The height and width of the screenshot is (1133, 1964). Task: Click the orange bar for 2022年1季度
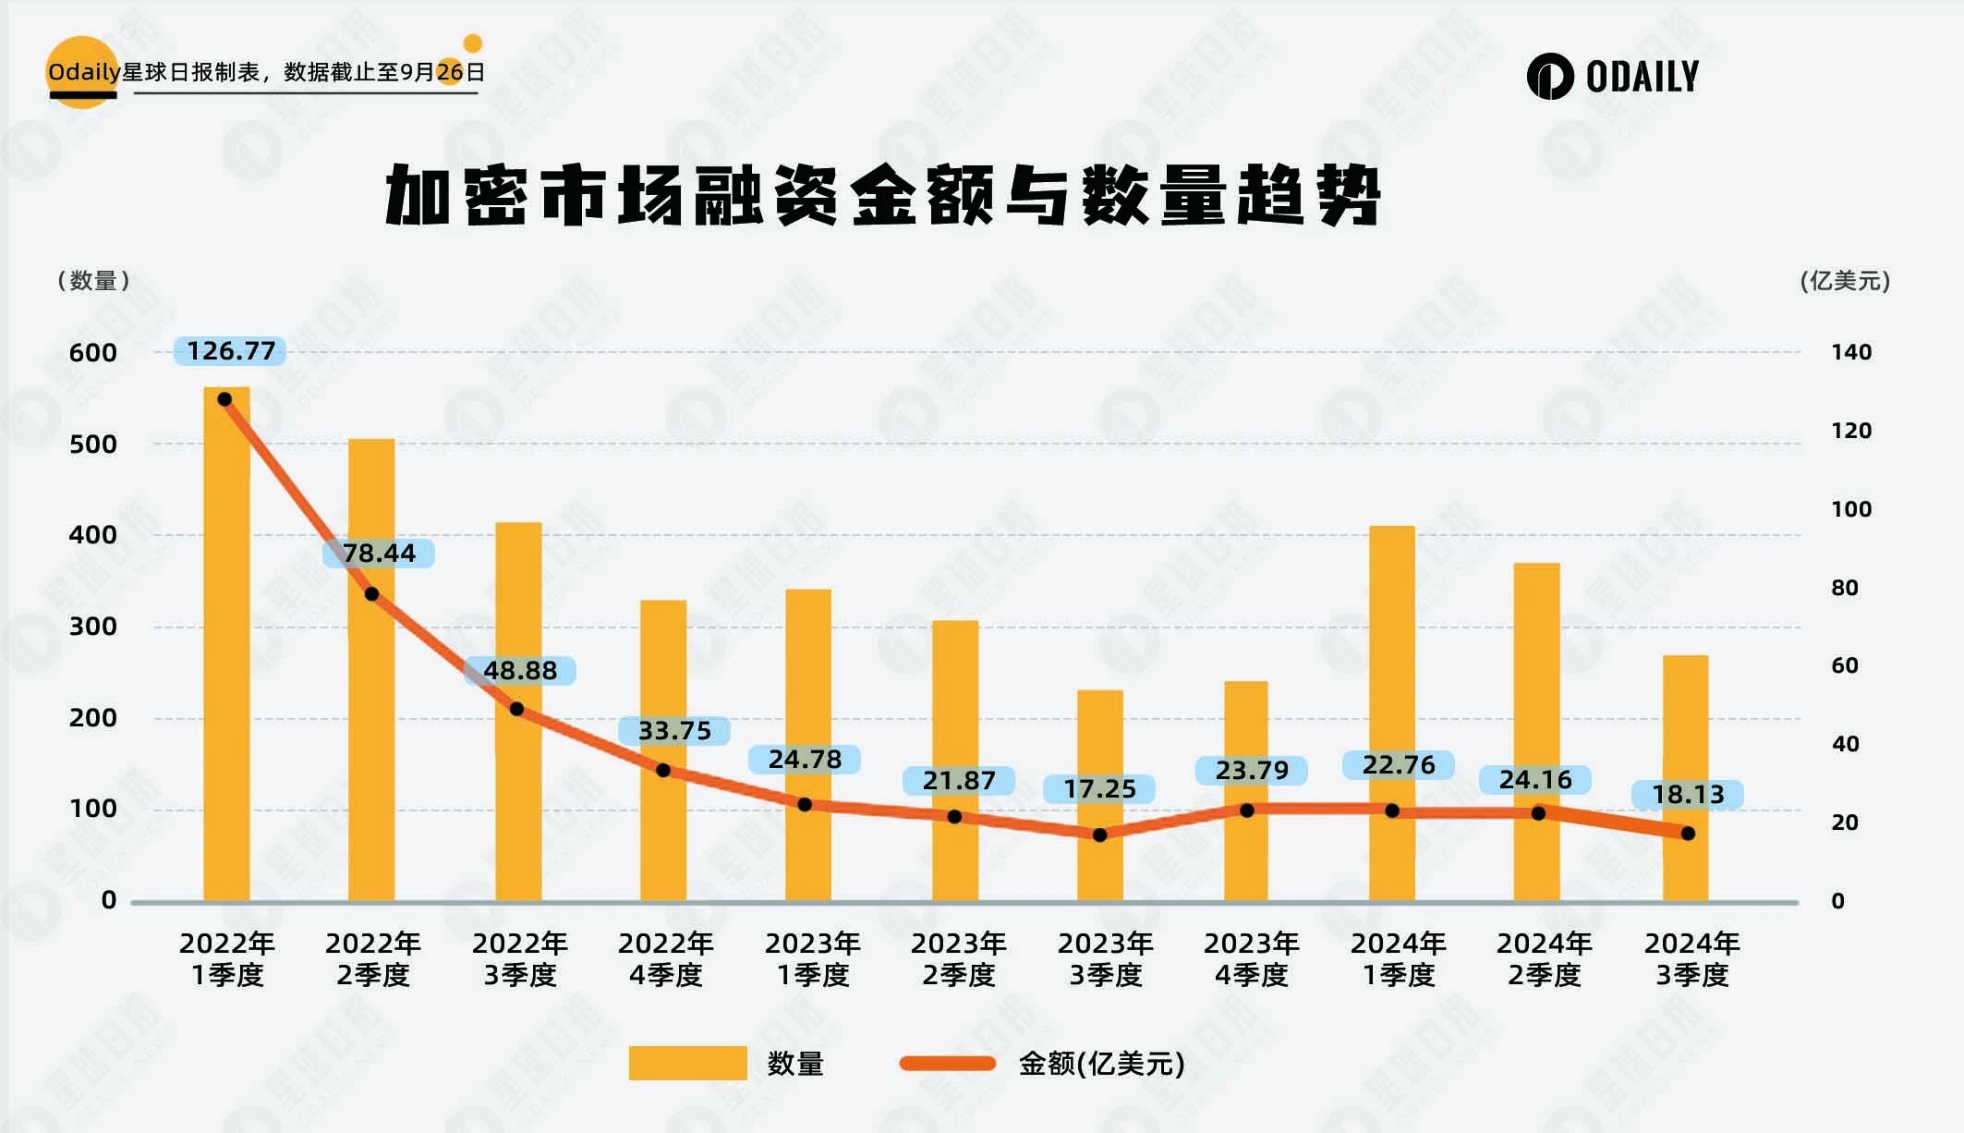tap(226, 647)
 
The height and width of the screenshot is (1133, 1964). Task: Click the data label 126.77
tap(231, 351)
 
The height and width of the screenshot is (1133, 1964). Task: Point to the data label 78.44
tap(379, 554)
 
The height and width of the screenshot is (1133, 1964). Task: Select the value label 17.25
tap(1099, 789)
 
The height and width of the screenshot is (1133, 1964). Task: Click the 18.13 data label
tap(1688, 795)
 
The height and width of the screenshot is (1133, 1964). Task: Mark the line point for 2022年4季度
tap(663, 770)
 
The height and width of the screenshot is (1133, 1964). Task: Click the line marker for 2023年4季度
tap(1246, 810)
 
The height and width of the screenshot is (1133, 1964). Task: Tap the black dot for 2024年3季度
tap(1688, 834)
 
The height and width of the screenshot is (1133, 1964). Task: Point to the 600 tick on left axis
tap(92, 353)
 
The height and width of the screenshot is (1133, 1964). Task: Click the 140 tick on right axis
tap(1851, 352)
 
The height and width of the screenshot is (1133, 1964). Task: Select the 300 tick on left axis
tap(92, 627)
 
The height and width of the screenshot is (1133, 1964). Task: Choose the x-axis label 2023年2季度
tap(958, 958)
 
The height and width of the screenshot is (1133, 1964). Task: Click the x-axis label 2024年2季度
tap(1544, 958)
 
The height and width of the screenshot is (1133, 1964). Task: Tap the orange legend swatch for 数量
tap(687, 1063)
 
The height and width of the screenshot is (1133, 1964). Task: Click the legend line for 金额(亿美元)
tap(948, 1064)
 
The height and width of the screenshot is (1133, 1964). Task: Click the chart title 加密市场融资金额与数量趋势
tap(882, 195)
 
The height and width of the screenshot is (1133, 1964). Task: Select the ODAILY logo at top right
tap(1613, 76)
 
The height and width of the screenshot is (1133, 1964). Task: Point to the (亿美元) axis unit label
tap(1845, 281)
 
